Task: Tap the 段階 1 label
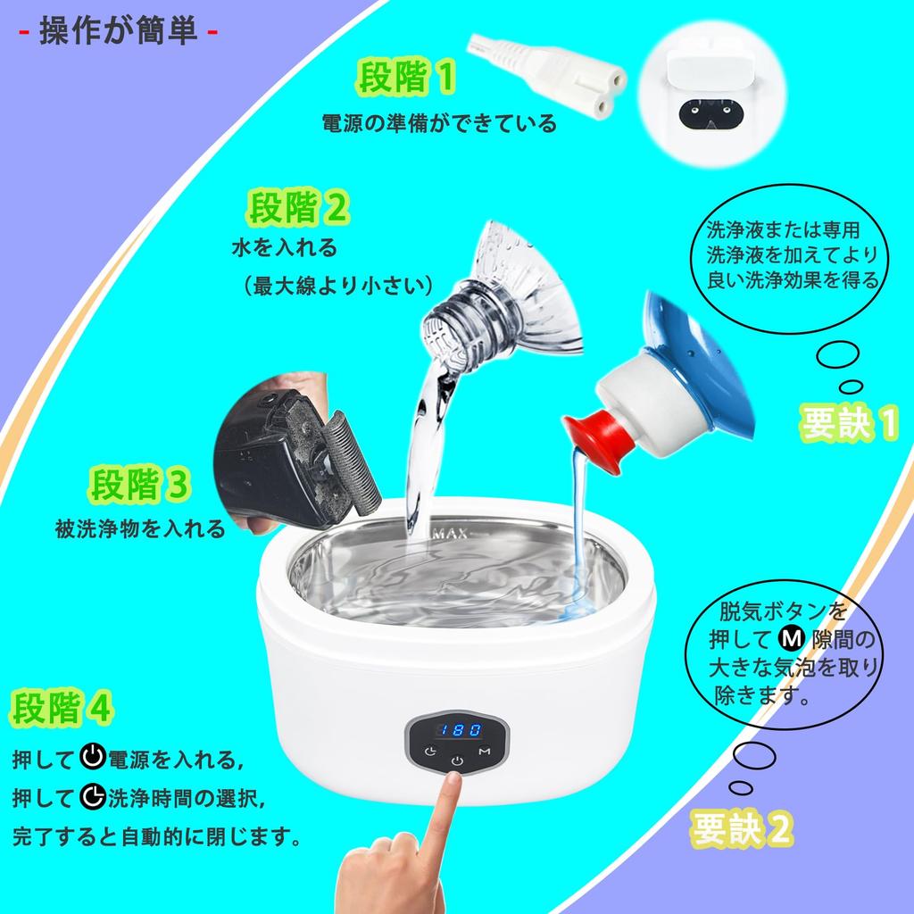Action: (406, 79)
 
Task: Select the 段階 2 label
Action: (298, 211)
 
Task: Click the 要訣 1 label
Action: (847, 425)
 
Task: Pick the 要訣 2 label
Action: (742, 829)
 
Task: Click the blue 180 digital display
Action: (456, 729)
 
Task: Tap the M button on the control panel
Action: (484, 752)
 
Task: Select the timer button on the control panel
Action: (430, 752)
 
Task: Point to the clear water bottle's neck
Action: (455, 326)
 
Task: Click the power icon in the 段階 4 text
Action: (92, 760)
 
